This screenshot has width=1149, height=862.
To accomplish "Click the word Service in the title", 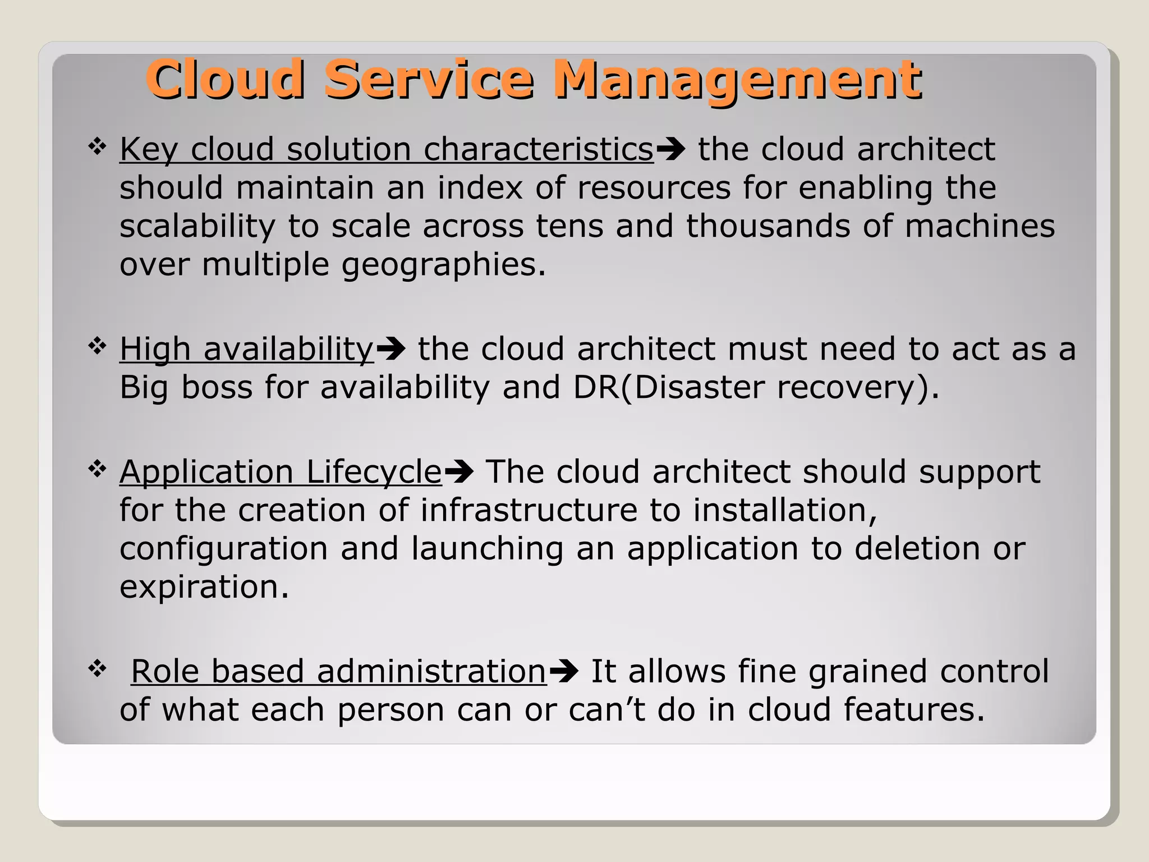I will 429,80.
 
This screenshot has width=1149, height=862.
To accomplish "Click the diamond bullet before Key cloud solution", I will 98,147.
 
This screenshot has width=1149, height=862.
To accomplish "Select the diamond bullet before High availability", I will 98,346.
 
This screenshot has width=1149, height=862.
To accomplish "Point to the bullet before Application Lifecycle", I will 98,469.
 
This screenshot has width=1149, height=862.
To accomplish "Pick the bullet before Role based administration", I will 98,668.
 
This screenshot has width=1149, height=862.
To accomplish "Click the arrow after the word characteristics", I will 670,149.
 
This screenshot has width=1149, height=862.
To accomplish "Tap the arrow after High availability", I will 390,349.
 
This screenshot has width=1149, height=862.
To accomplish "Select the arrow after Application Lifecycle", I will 459,471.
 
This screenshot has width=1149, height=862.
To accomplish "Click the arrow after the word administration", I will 564,671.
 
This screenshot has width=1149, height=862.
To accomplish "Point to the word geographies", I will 443,265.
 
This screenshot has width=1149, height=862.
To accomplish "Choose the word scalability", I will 197,227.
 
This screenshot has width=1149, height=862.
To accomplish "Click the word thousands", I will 767,226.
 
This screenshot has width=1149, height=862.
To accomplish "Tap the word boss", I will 217,387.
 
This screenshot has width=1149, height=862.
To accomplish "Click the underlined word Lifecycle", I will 374,471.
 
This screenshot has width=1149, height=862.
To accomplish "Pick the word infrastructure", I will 528,510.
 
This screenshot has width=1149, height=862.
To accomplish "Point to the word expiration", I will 204,587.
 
